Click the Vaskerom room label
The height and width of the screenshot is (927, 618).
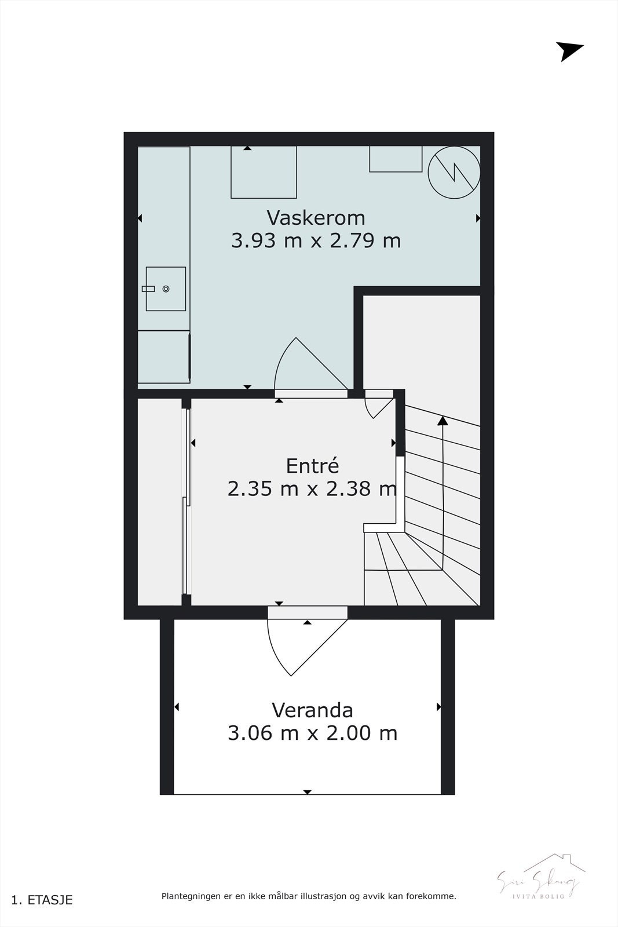(x=316, y=218)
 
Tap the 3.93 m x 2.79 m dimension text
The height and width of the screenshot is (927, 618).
(x=316, y=240)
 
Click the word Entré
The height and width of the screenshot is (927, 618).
(x=312, y=466)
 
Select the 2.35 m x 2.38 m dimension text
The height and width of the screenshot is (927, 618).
(x=312, y=489)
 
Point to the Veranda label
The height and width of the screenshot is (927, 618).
(x=312, y=710)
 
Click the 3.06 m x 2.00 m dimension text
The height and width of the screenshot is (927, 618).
(x=312, y=733)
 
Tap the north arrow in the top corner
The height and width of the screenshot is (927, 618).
(x=569, y=51)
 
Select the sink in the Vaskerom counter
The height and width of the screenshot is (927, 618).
(x=165, y=289)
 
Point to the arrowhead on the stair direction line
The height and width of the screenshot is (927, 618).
(x=443, y=421)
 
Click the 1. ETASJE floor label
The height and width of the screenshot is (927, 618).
(x=42, y=900)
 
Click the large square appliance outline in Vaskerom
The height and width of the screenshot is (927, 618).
(x=264, y=172)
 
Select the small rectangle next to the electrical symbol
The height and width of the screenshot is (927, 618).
(x=396, y=159)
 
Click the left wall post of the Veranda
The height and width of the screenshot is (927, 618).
(x=167, y=707)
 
